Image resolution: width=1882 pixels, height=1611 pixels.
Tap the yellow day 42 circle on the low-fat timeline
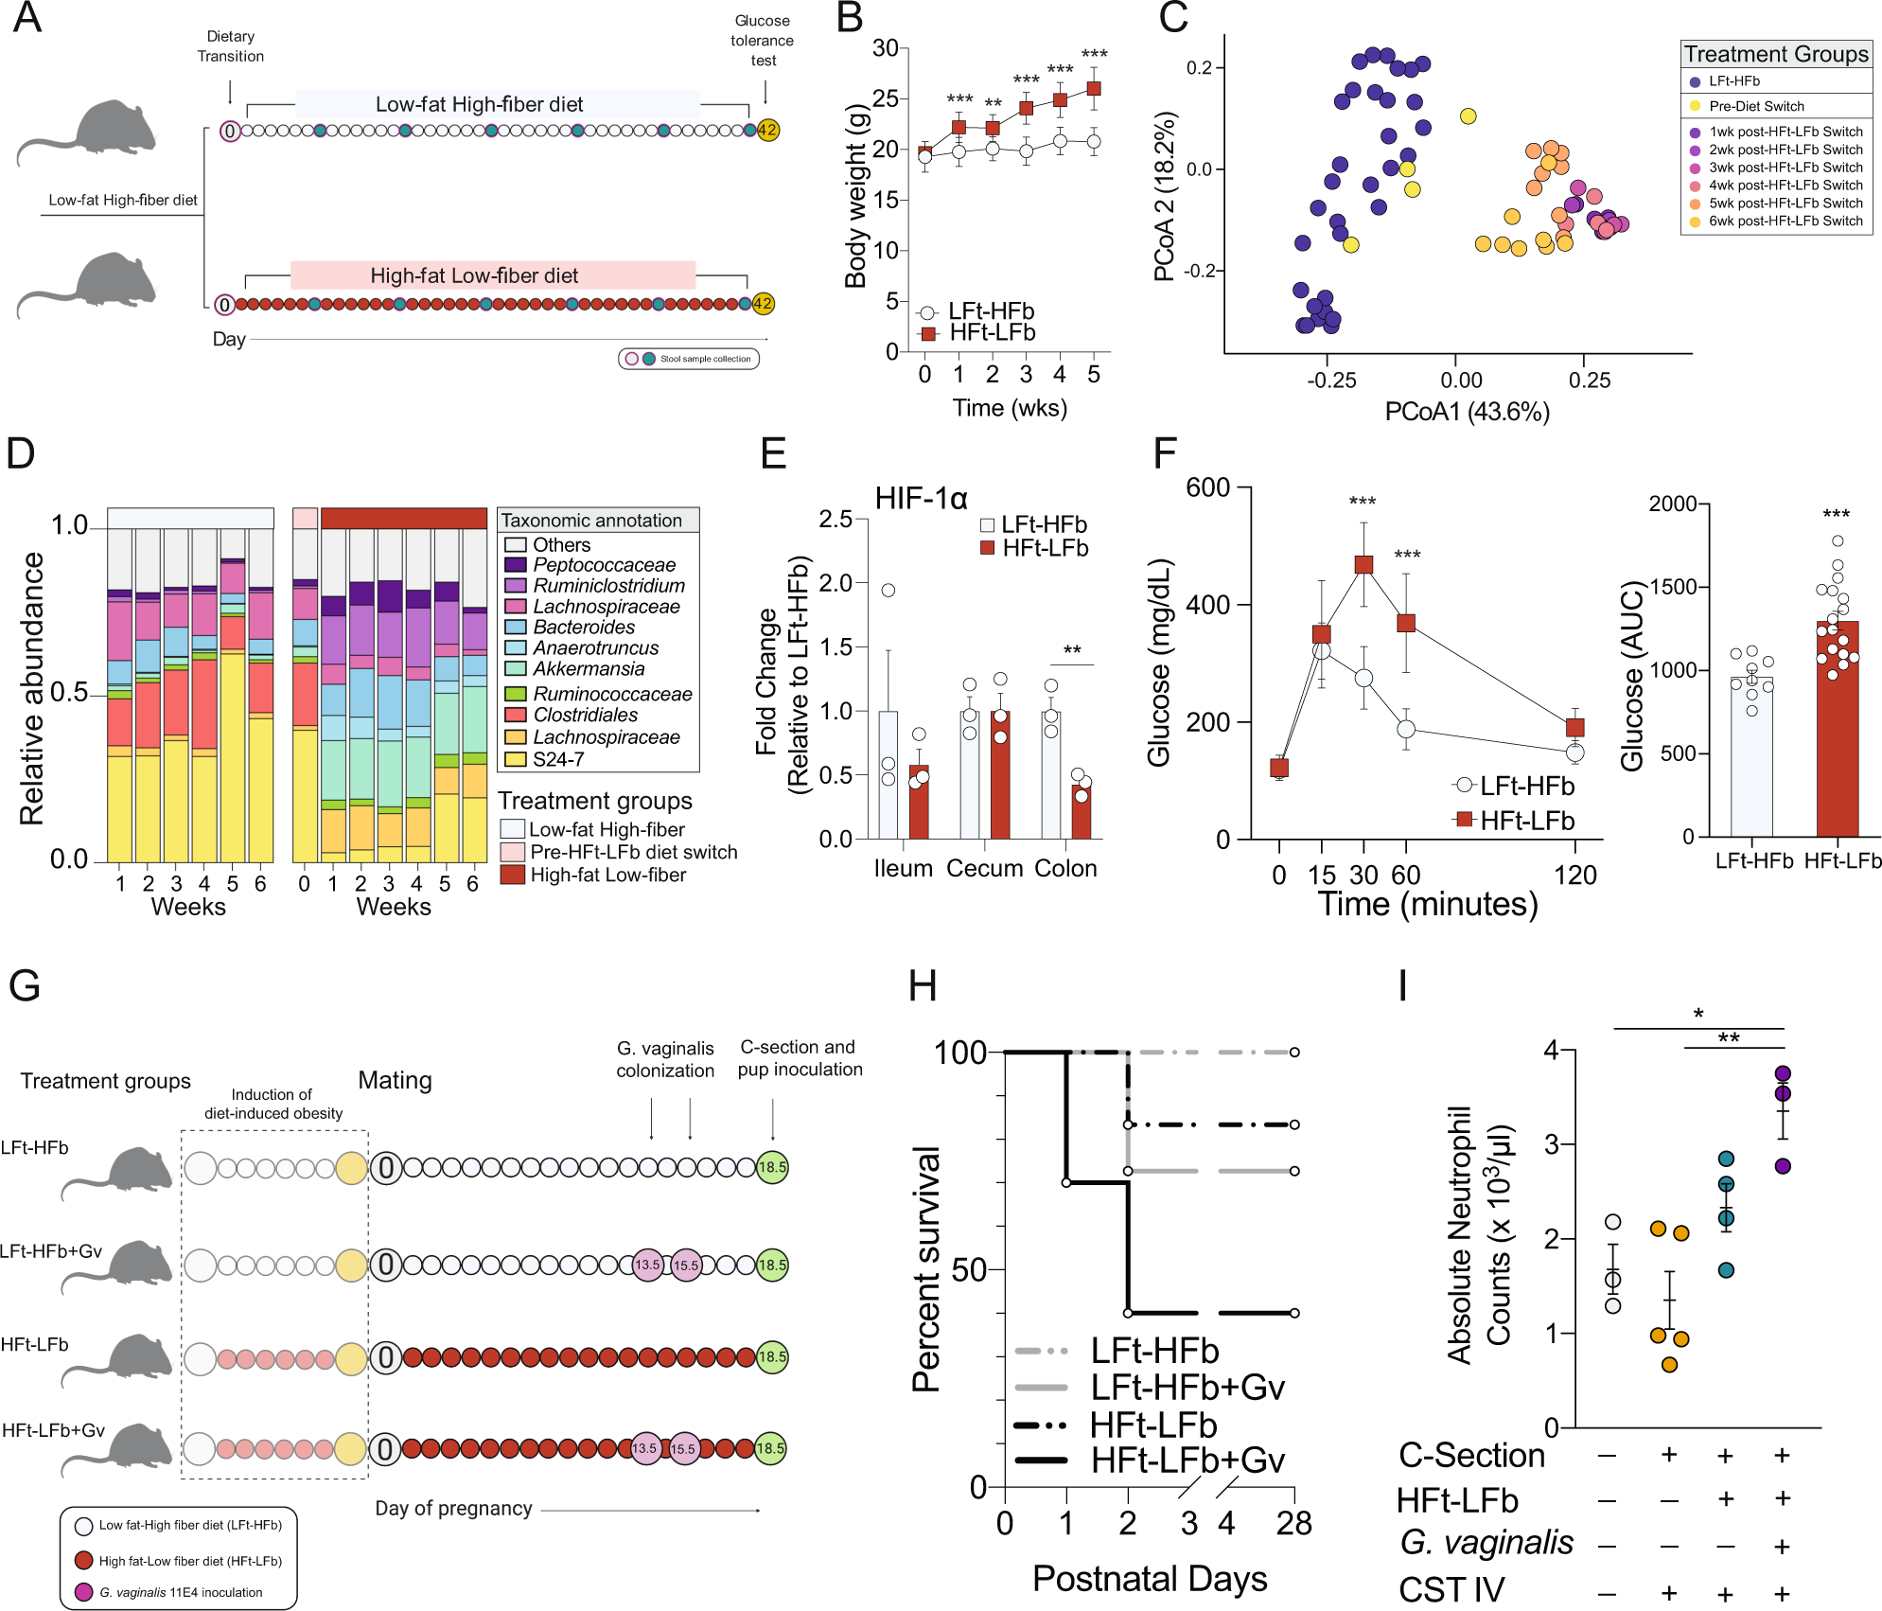[767, 131]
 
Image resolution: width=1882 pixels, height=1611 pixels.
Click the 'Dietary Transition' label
[230, 46]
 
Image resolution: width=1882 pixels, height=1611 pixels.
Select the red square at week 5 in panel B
[1094, 89]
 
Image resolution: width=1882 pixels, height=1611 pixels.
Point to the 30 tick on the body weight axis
[886, 48]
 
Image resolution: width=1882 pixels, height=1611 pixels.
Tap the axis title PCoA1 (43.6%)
[1467, 412]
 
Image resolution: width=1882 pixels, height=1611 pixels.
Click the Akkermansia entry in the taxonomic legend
[589, 669]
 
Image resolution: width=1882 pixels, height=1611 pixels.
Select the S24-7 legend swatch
[515, 759]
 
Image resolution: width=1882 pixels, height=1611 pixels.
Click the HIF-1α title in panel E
[921, 499]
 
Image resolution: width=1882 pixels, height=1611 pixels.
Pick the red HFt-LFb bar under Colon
[1082, 812]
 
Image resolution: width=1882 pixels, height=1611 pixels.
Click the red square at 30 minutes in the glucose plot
[1363, 565]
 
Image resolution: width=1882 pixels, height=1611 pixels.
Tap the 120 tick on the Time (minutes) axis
[1574, 875]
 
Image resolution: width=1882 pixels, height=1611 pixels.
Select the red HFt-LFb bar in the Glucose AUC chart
[1837, 729]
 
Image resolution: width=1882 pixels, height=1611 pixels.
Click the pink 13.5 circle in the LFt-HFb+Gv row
[647, 1265]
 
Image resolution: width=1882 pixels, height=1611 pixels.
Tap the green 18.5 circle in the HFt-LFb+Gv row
[770, 1448]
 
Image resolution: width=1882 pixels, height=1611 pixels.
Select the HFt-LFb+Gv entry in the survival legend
[1187, 1461]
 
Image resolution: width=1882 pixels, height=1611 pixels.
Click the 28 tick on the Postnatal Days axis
[1293, 1524]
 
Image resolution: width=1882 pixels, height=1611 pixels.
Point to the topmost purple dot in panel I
[1783, 1073]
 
